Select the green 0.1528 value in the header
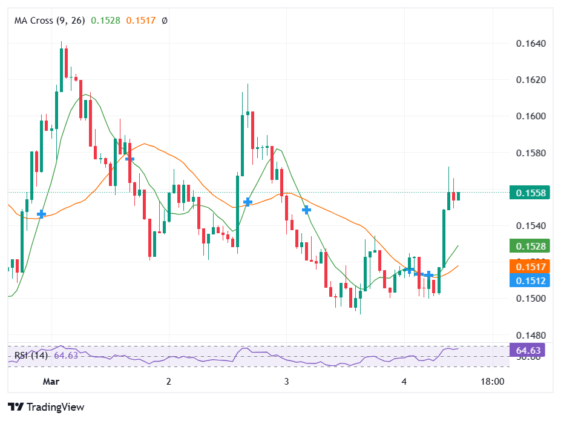tap(105, 21)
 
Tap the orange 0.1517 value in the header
tap(140, 21)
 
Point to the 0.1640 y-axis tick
tap(531, 44)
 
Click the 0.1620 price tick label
tap(531, 80)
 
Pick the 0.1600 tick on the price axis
tap(531, 116)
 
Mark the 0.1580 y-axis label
tap(531, 153)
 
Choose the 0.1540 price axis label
tap(531, 226)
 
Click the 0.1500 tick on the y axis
tap(531, 299)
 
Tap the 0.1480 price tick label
tap(531, 335)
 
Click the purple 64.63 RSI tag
tap(528, 350)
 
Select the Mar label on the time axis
tap(51, 382)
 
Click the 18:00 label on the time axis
tap(492, 382)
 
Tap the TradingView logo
tap(46, 407)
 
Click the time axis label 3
tap(286, 382)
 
